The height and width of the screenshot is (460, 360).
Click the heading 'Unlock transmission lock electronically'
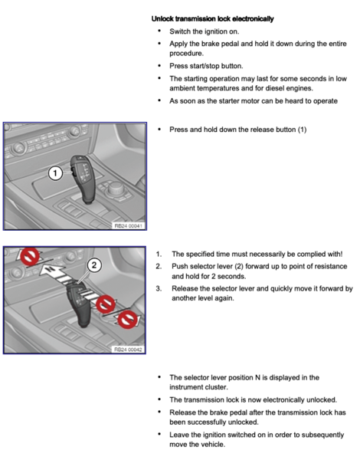click(x=212, y=18)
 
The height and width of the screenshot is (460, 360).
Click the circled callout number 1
click(x=55, y=173)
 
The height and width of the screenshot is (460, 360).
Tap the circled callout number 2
click(x=94, y=265)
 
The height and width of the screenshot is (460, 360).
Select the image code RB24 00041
click(x=129, y=226)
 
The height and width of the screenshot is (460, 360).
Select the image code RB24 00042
click(x=128, y=350)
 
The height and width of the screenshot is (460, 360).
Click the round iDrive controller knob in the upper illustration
click(x=115, y=189)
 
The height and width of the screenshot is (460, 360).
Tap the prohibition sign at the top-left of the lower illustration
click(x=30, y=257)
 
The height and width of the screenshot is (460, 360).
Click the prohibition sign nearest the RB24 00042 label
click(x=127, y=319)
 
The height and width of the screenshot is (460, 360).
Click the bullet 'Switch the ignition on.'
click(x=204, y=31)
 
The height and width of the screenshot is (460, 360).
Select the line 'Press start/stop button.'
click(x=206, y=66)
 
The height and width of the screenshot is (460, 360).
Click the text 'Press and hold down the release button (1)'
click(x=238, y=130)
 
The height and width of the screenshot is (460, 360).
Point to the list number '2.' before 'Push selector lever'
click(x=159, y=266)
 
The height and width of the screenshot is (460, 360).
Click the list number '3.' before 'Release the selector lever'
click(x=159, y=289)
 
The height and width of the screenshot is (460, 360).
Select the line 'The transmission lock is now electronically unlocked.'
click(x=254, y=400)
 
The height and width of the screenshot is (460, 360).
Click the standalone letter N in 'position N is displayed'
click(x=257, y=377)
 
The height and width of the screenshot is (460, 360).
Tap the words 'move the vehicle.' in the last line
click(x=198, y=445)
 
